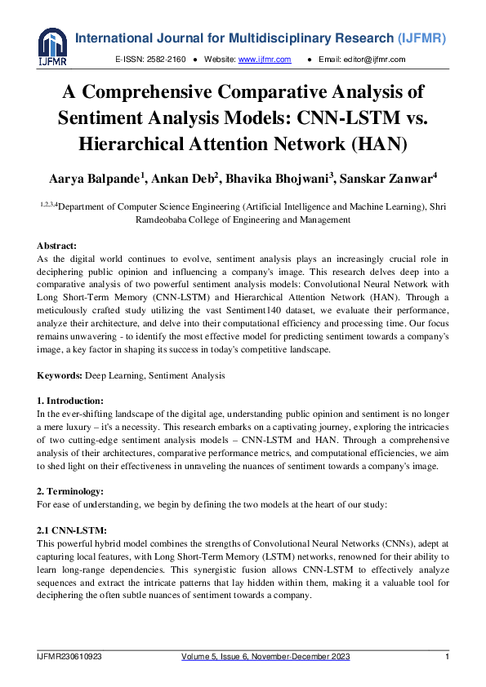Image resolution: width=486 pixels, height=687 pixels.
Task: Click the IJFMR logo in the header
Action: click(x=52, y=47)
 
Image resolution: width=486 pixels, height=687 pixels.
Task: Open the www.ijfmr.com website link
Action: click(x=257, y=60)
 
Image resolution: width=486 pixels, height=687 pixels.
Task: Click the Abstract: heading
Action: click(x=57, y=245)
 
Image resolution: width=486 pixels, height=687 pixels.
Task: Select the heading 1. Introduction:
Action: click(x=70, y=401)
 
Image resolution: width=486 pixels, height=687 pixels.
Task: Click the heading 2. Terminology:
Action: click(x=69, y=490)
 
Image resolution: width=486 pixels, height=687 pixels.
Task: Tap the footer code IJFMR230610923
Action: click(x=69, y=657)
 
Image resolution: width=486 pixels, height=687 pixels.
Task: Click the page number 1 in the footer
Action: click(x=447, y=657)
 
